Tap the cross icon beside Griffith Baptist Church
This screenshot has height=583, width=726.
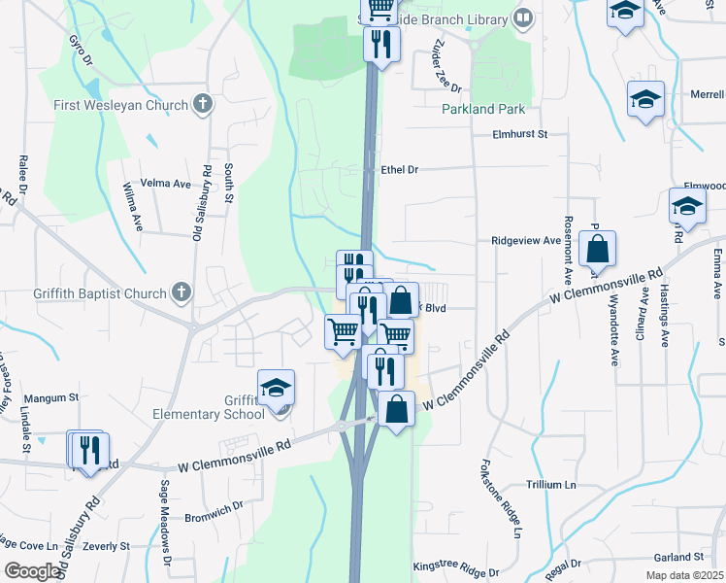181,291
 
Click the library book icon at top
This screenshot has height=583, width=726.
523,18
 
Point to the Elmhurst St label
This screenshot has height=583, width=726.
520,135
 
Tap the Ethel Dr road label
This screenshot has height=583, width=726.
398,169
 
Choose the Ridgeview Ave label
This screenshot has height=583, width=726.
526,240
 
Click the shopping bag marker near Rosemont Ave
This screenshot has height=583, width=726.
597,249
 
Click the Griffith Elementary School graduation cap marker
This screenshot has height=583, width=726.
277,388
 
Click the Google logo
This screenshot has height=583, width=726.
32,570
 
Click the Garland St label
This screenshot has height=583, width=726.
677,557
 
